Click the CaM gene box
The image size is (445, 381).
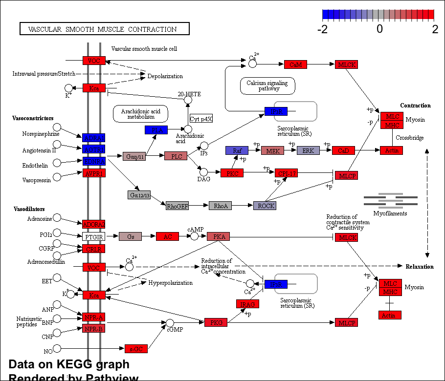[295, 64]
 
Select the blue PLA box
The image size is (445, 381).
[156, 130]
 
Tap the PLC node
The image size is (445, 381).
[176, 156]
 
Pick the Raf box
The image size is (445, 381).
[237, 150]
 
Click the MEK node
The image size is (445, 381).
[273, 150]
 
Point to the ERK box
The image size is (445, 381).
[308, 150]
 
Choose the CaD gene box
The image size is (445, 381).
[343, 150]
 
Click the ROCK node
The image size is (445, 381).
[265, 206]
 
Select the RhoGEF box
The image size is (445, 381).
[177, 206]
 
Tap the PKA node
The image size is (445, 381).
[218, 236]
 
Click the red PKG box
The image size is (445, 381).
[216, 322]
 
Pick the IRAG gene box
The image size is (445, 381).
[247, 304]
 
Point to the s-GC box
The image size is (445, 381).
[136, 349]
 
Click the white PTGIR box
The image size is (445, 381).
[93, 236]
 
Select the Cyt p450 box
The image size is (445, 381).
[201, 119]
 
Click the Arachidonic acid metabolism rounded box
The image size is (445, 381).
[141, 114]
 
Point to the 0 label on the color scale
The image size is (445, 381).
[379, 29]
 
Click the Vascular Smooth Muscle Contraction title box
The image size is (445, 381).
[104, 29]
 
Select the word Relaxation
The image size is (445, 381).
[420, 267]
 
